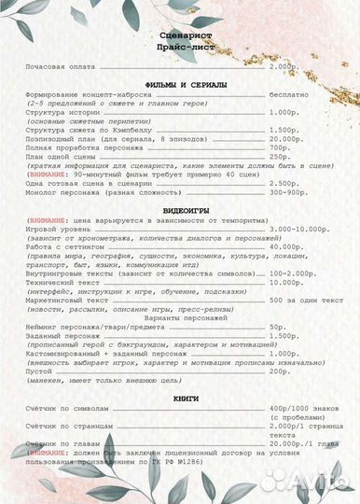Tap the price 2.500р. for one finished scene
click(x=284, y=184)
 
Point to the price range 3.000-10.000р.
click(x=298, y=230)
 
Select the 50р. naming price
click(x=277, y=327)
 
